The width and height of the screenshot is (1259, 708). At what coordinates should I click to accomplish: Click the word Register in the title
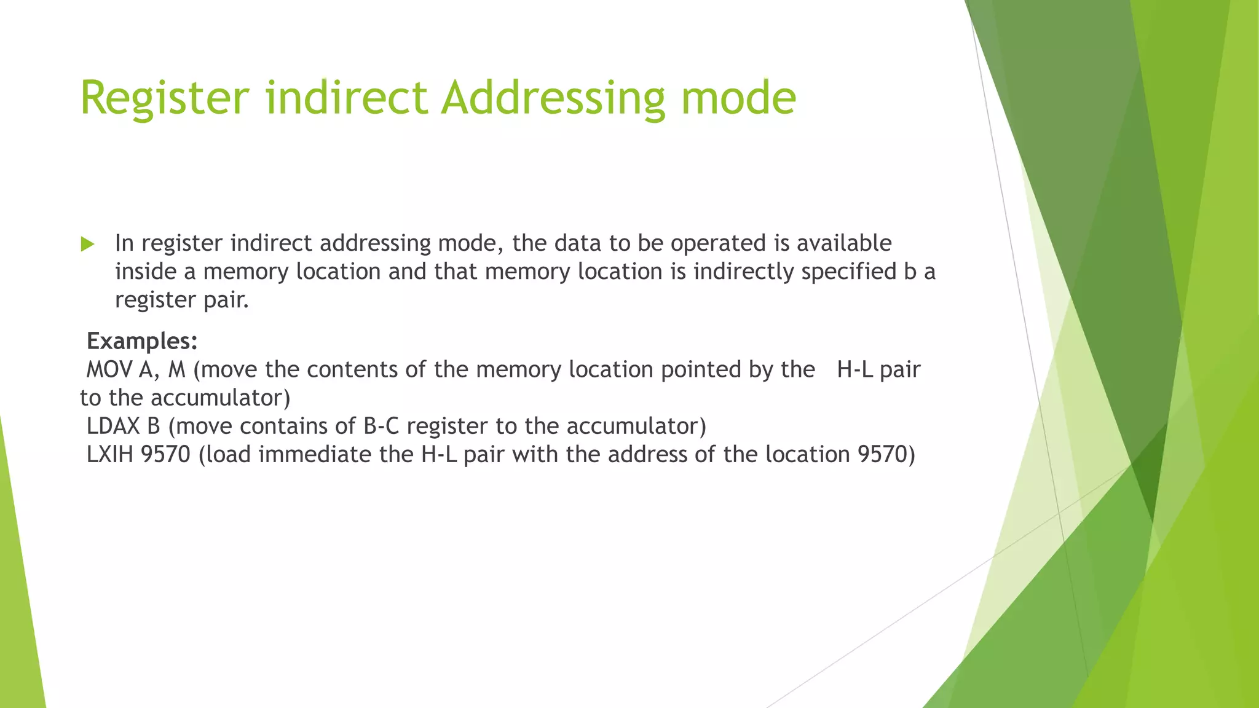click(165, 98)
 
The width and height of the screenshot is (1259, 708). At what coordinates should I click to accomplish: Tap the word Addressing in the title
click(553, 98)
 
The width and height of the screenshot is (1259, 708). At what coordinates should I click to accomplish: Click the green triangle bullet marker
click(87, 245)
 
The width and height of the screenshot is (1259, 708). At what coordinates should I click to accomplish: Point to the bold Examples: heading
click(142, 341)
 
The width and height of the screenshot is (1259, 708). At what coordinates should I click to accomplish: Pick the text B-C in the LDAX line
click(381, 427)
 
